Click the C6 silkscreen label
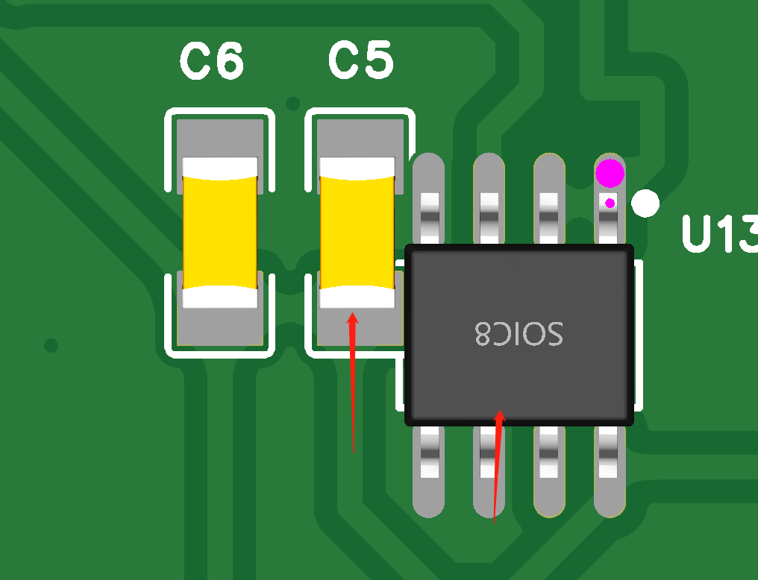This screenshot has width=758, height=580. coord(212,61)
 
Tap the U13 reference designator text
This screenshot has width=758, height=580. coord(720,234)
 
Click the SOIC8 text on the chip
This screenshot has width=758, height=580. coord(519,334)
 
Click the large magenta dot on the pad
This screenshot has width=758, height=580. coord(610,173)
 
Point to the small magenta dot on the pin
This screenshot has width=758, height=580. coord(610,203)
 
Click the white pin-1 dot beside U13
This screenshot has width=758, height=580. coord(645,204)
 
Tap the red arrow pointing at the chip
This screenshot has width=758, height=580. coord(498,467)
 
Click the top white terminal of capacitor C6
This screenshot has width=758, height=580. coord(220,168)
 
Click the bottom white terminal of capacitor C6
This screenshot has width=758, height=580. coord(220,297)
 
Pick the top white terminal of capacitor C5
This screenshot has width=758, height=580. coord(357,168)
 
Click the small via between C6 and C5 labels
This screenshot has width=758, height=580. coord(293,104)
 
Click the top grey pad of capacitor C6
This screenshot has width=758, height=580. coord(220,139)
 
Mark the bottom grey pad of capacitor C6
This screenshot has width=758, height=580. coord(220,327)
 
